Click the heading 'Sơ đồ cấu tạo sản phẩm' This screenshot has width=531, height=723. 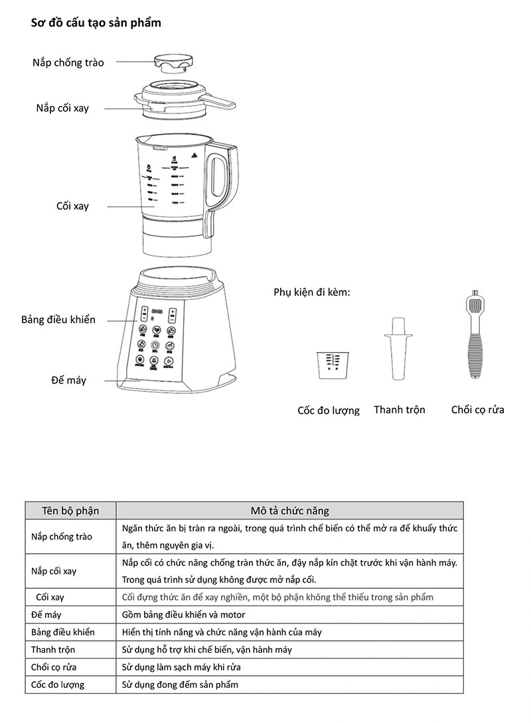tap(96, 23)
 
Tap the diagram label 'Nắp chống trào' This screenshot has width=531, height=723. tap(68, 62)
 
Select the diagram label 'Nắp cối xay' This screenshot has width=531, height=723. tap(62, 108)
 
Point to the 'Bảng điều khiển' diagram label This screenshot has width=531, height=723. tap(58, 320)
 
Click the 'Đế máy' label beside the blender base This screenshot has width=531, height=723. tap(68, 380)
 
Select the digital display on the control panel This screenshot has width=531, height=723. tap(157, 312)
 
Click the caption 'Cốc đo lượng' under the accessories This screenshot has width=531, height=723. tap(328, 411)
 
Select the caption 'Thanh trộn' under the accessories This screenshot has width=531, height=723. tap(399, 409)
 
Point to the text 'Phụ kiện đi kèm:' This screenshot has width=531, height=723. tap(311, 292)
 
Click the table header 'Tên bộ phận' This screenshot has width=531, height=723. tap(70, 511)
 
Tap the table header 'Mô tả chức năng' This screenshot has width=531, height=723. tap(289, 511)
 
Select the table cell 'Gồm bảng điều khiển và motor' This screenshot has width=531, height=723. tap(184, 615)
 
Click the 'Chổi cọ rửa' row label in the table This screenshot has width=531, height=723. tap(54, 667)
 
